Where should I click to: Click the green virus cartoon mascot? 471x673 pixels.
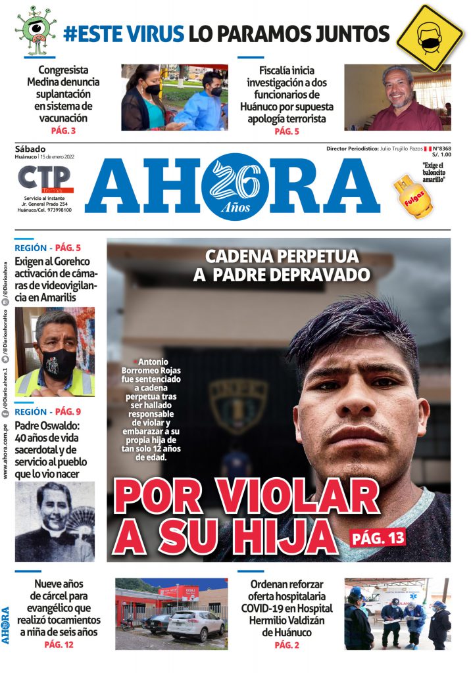point(36,30)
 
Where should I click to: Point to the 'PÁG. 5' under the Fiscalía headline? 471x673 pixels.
point(287,131)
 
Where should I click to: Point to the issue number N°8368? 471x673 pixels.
point(441,149)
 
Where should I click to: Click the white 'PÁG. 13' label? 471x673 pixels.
point(378,538)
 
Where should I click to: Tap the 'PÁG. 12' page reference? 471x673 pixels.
point(59,645)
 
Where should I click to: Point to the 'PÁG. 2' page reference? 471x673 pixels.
point(287,645)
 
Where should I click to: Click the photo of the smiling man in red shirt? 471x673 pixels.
point(397,97)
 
